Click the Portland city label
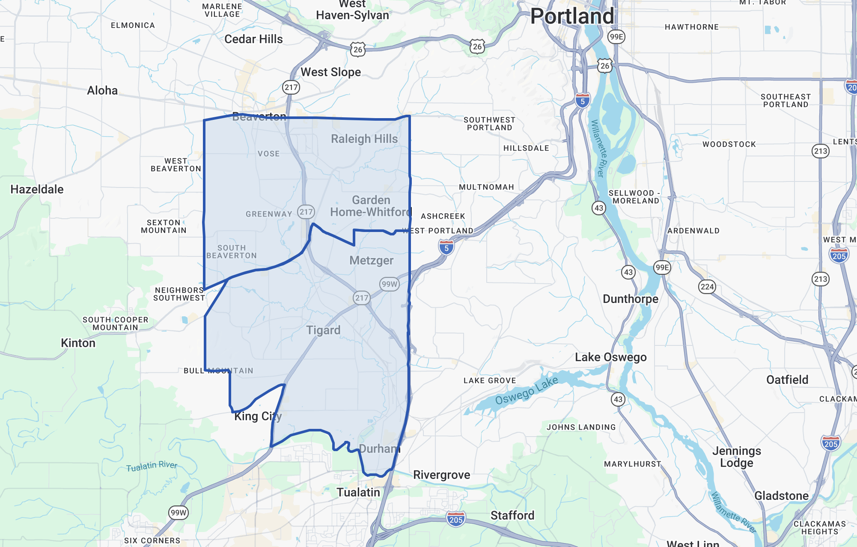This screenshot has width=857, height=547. (572, 16)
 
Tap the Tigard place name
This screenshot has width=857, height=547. (323, 330)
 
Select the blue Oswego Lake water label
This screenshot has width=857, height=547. (527, 390)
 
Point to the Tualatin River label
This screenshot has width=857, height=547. (152, 466)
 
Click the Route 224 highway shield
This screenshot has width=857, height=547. (707, 287)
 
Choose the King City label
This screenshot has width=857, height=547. (258, 416)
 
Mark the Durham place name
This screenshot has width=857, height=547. (379, 449)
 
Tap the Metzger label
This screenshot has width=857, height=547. (371, 260)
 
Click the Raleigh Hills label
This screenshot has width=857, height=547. (364, 139)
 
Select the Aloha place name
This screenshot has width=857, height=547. (102, 90)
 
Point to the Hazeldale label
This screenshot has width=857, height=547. (37, 189)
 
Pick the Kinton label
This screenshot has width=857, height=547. (78, 343)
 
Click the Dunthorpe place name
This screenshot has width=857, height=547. (631, 299)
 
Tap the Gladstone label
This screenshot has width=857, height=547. (781, 496)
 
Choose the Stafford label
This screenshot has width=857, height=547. (512, 515)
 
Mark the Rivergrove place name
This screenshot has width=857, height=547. (441, 475)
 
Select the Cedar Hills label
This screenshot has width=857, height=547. (253, 39)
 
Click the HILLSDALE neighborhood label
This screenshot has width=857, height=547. (526, 148)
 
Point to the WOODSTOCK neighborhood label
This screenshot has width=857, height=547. (729, 144)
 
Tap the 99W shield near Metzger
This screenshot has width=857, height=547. (389, 284)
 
